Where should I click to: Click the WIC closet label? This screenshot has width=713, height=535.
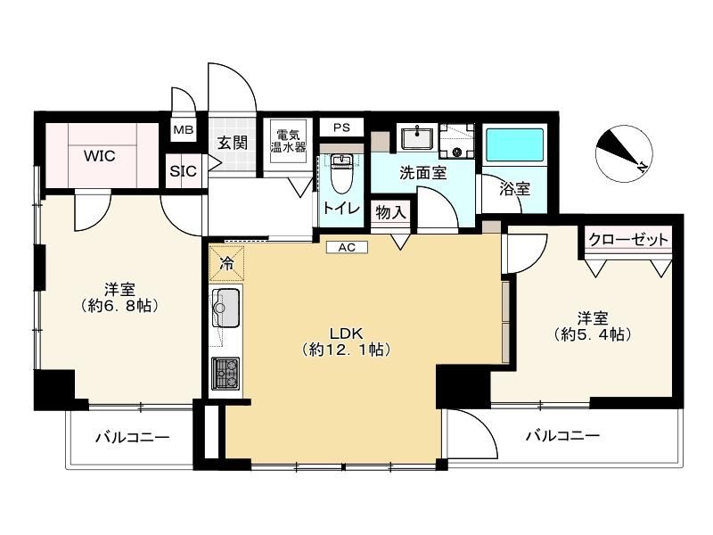point(100,156)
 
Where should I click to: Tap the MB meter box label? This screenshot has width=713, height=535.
point(184,129)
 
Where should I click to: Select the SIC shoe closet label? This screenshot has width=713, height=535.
point(184,171)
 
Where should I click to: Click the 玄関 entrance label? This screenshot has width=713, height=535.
point(233,143)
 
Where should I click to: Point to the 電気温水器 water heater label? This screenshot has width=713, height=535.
point(288,141)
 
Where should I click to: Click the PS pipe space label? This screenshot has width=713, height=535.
point(341,128)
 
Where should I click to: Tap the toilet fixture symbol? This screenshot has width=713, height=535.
point(341,172)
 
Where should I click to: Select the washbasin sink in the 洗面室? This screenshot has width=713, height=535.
point(417,138)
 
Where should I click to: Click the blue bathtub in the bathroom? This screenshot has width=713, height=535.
point(514,144)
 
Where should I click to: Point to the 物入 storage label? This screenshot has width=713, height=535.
point(390,211)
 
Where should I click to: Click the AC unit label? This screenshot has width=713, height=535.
point(347,247)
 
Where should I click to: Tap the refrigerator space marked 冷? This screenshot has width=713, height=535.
point(226,263)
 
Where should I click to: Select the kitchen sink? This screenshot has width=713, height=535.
point(226,308)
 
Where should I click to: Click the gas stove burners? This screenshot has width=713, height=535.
point(225,374)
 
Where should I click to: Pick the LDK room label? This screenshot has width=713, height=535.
point(347,333)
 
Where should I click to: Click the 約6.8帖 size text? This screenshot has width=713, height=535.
point(119,306)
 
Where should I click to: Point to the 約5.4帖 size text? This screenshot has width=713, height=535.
point(593,335)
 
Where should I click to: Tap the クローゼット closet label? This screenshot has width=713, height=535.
point(628,239)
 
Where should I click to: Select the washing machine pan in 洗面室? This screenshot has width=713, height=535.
point(457,141)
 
